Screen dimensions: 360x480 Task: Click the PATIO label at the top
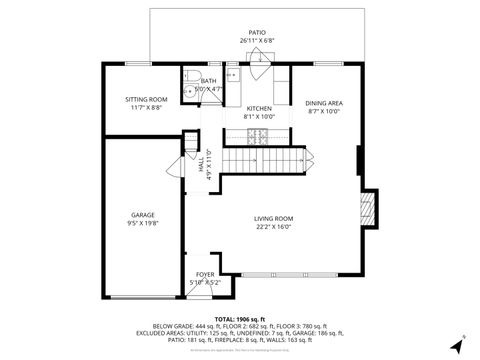point(257,32)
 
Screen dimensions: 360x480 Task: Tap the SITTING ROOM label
point(145,99)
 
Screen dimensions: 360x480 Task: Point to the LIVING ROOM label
point(272,218)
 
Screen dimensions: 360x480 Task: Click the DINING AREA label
point(323,103)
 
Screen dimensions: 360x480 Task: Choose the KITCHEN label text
point(259,108)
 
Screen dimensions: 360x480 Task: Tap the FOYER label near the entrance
point(204,273)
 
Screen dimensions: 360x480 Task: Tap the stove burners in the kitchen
point(264,135)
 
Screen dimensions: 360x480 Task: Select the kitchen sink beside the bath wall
point(232,75)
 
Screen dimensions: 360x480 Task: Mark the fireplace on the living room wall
point(366,210)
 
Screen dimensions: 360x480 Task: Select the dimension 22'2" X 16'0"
point(272,226)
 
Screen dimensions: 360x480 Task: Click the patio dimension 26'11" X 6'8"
point(257,40)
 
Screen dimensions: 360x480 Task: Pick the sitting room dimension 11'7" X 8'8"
point(145,107)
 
